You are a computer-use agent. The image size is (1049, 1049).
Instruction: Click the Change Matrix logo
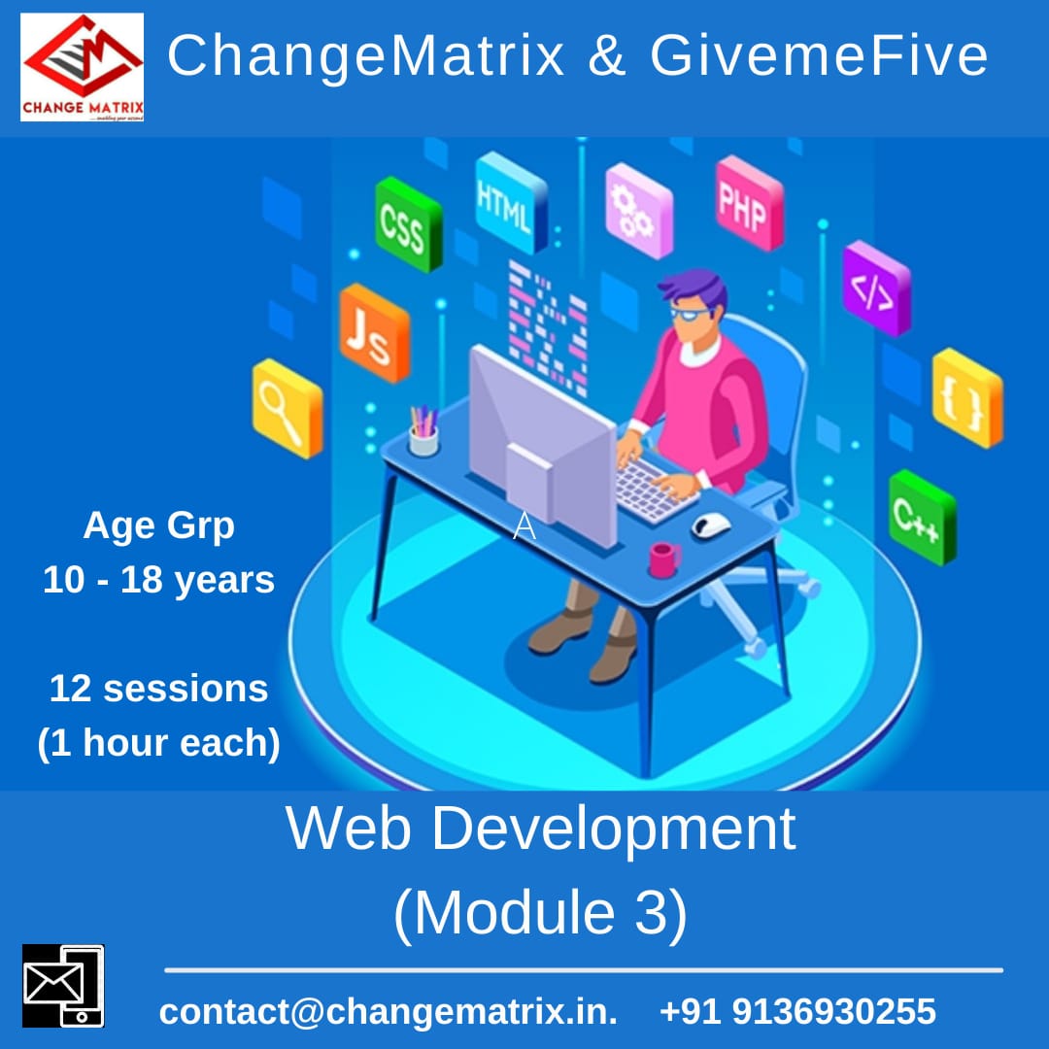click(x=82, y=66)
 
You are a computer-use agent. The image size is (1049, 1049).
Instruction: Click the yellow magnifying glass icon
click(x=287, y=408)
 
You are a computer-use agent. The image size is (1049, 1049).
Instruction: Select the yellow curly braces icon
click(x=966, y=397)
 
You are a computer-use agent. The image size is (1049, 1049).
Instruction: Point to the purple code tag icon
click(x=875, y=288)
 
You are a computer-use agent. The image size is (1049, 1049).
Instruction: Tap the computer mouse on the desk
click(x=711, y=524)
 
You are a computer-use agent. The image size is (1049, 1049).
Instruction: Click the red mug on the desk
click(x=664, y=559)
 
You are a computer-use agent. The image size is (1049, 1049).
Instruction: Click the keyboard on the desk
click(x=657, y=487)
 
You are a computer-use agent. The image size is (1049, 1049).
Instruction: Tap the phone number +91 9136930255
click(x=797, y=1011)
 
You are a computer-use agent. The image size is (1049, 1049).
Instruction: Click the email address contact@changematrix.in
click(x=388, y=1011)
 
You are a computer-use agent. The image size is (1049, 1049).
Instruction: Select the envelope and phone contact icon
click(x=63, y=985)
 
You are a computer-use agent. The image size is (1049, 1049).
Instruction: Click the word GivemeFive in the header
click(x=818, y=56)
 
